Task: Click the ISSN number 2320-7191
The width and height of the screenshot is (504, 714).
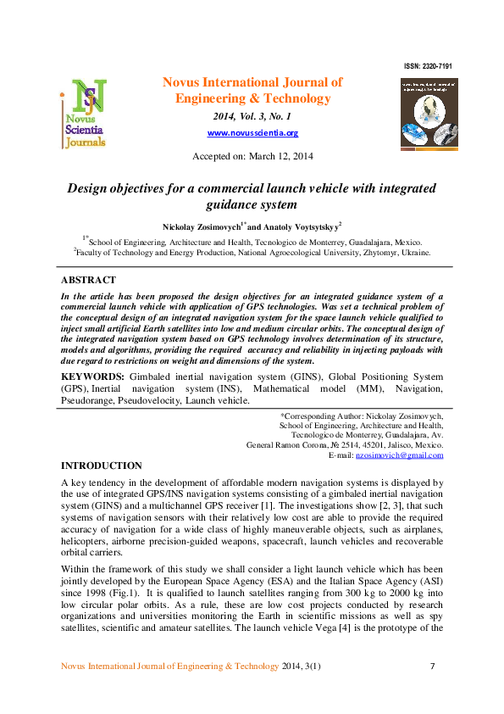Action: click(x=429, y=65)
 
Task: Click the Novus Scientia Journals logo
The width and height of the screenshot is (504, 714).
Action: click(x=84, y=114)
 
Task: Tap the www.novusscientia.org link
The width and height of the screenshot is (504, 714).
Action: click(x=252, y=133)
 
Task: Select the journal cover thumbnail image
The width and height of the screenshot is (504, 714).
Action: click(x=429, y=114)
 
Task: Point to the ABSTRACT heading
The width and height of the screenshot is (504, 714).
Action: click(x=88, y=281)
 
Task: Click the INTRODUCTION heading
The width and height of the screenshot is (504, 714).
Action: click(x=101, y=466)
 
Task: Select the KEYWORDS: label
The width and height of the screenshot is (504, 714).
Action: click(x=93, y=376)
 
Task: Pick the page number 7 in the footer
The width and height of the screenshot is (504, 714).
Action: click(x=432, y=666)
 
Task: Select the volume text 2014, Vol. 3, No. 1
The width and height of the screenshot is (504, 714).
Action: click(x=252, y=116)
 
